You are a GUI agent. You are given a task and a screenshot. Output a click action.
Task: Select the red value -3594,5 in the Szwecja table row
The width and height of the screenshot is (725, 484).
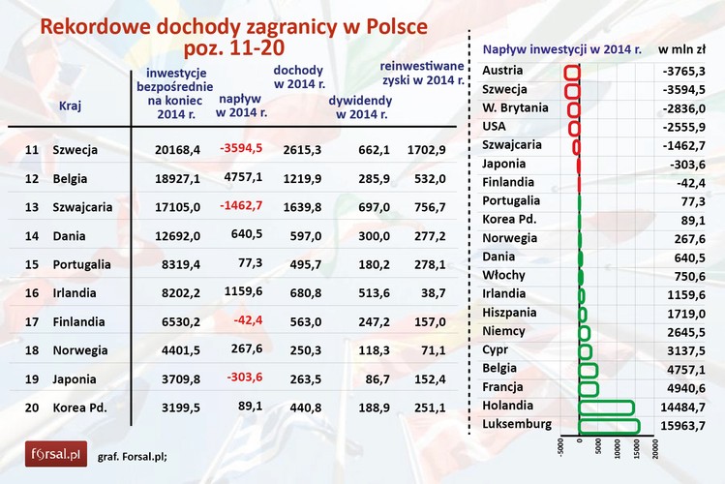coord(241,150)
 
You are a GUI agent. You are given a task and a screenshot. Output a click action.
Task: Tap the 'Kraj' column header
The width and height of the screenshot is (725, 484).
coord(70,106)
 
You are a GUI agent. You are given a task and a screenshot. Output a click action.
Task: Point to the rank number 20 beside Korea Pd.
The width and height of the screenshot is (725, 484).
coord(32,408)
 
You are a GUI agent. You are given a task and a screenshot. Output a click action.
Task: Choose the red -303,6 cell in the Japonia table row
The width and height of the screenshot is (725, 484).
coord(242,379)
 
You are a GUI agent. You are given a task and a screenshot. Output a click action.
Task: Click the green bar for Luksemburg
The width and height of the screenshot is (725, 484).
coord(609,425)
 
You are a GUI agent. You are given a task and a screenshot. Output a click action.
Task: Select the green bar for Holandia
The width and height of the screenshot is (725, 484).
coord(606,407)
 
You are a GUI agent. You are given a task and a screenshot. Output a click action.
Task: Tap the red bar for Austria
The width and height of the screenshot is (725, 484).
coord(571,72)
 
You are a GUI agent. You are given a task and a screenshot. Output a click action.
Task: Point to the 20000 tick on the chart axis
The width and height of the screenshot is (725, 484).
coord(655,448)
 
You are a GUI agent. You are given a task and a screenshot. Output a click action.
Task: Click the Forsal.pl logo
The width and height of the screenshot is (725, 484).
coord(56,453)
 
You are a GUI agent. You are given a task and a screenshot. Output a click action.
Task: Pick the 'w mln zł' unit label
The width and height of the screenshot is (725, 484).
coord(681,48)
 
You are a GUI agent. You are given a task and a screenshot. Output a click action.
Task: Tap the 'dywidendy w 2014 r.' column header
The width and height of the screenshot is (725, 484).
coord(360,106)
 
